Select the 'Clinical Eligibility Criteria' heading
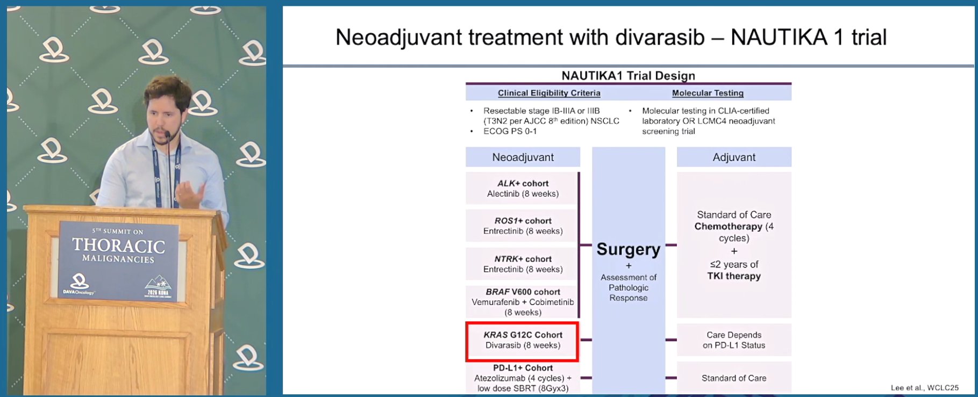(549, 93)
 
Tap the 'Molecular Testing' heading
(708, 93)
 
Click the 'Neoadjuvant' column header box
(523, 157)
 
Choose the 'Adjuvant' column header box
(734, 157)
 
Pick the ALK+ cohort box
(522, 188)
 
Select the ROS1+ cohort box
(522, 226)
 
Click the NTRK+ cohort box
(522, 264)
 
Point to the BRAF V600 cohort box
(522, 302)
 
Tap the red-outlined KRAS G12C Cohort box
(522, 341)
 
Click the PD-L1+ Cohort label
(523, 368)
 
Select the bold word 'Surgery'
(628, 250)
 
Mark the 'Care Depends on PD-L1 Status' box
(734, 340)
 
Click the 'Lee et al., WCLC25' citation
(924, 387)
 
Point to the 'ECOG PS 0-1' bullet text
(510, 131)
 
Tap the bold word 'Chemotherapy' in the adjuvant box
(728, 226)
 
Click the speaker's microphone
(168, 135)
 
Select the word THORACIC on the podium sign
(119, 246)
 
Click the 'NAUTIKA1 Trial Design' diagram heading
(628, 76)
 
